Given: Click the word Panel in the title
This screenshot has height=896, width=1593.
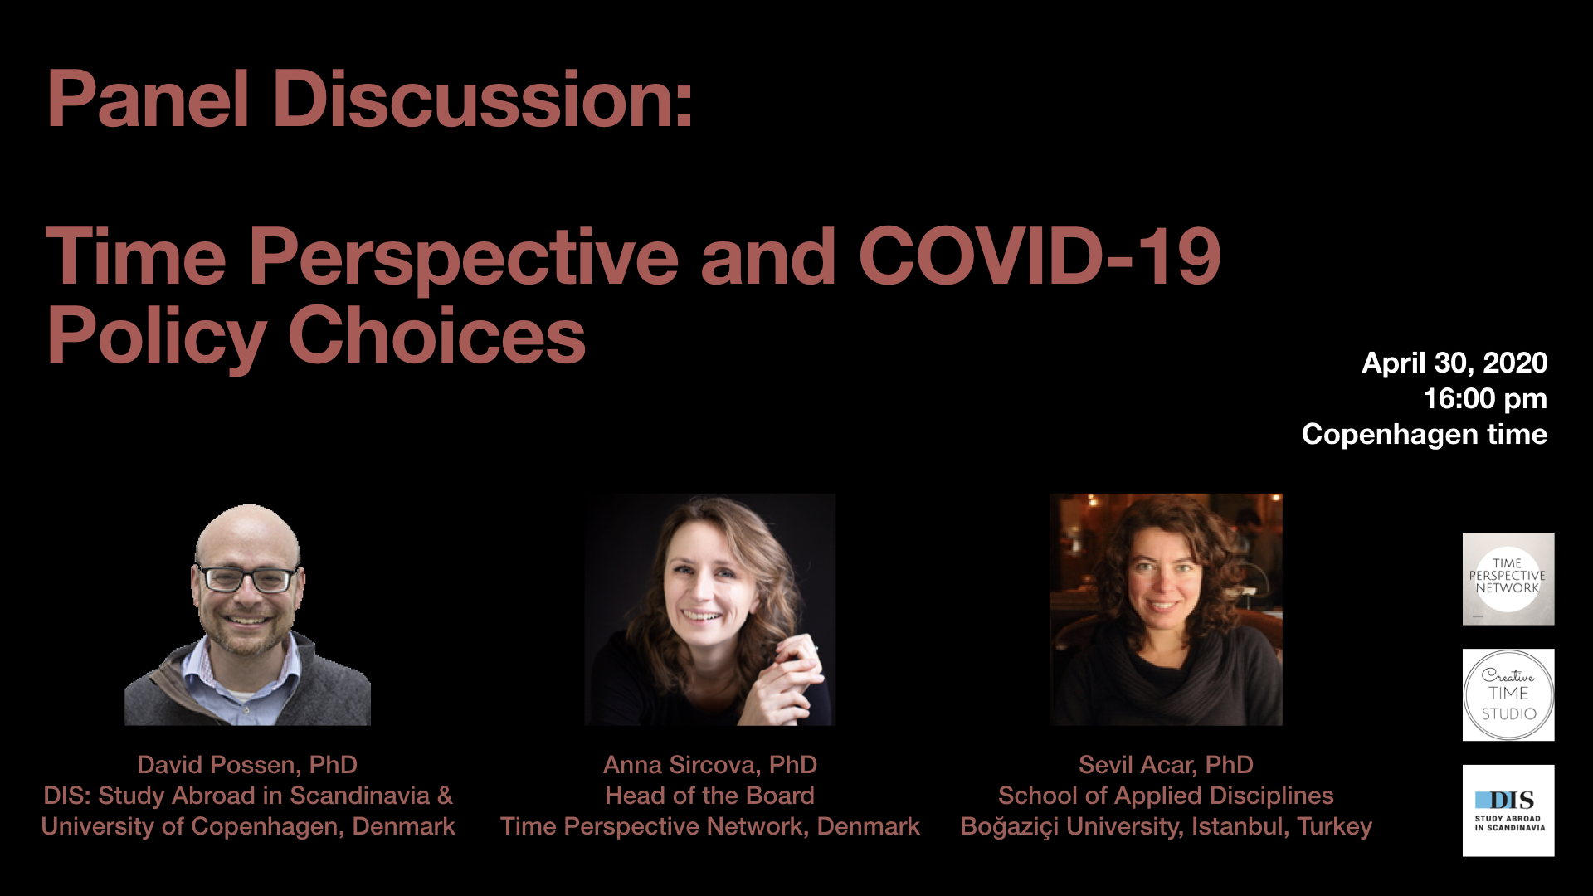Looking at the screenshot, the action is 149,100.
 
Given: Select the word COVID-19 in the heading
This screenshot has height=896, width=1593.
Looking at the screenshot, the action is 1040,256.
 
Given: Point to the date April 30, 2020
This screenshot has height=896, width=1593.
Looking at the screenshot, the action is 1454,363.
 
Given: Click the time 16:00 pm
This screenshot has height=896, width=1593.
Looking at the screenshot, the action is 1485,399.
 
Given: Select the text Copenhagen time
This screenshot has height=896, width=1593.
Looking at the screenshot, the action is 1425,434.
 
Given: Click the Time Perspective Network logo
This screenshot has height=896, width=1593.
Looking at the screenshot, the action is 1508,579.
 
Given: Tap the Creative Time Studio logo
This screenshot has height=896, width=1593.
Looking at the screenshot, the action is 1508,695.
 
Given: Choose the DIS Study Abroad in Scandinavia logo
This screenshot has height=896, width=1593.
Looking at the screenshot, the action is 1508,811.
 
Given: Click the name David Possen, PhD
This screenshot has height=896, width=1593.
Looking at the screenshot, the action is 247,765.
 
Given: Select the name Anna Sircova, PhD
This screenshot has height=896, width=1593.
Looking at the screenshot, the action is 710,765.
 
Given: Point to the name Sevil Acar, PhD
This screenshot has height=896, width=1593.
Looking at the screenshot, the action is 1166,765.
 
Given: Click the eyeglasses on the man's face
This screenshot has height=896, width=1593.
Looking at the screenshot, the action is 246,578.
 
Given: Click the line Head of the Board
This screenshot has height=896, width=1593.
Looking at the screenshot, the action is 710,796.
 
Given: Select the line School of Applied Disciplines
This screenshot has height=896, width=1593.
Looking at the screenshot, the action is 1166,796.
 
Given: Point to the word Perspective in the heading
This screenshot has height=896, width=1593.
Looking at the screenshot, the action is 464,257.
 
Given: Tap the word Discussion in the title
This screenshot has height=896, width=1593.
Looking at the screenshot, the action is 482,100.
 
